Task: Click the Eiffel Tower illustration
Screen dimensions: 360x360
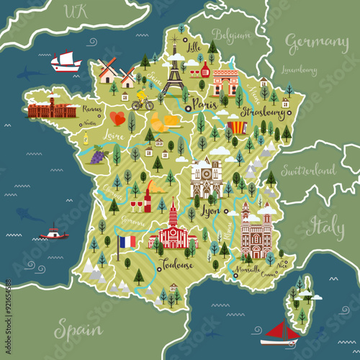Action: point(173,76)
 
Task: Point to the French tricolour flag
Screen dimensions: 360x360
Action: point(127,242)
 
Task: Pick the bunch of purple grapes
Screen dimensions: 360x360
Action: point(98,154)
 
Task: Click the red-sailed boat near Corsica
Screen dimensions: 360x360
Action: point(276,331)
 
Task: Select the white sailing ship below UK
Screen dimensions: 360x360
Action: point(66,61)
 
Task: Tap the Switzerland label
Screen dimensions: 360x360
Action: point(307,171)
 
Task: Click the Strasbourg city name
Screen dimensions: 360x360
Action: point(262,113)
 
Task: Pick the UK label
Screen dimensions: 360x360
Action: point(75,10)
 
